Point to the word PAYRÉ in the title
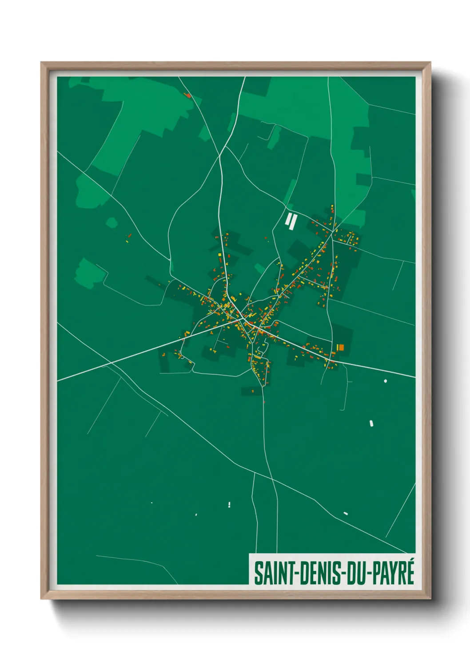click(x=391, y=573)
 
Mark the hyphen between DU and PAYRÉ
click(x=368, y=574)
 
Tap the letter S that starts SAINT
click(x=258, y=573)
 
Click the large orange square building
click(x=341, y=347)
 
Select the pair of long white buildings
click(x=291, y=220)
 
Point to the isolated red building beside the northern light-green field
click(x=188, y=95)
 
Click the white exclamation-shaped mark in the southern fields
click(x=229, y=504)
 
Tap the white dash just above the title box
click(x=346, y=514)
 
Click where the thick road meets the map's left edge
click(x=58, y=380)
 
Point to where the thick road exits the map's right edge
click(x=414, y=377)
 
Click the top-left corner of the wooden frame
click(x=41, y=63)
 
